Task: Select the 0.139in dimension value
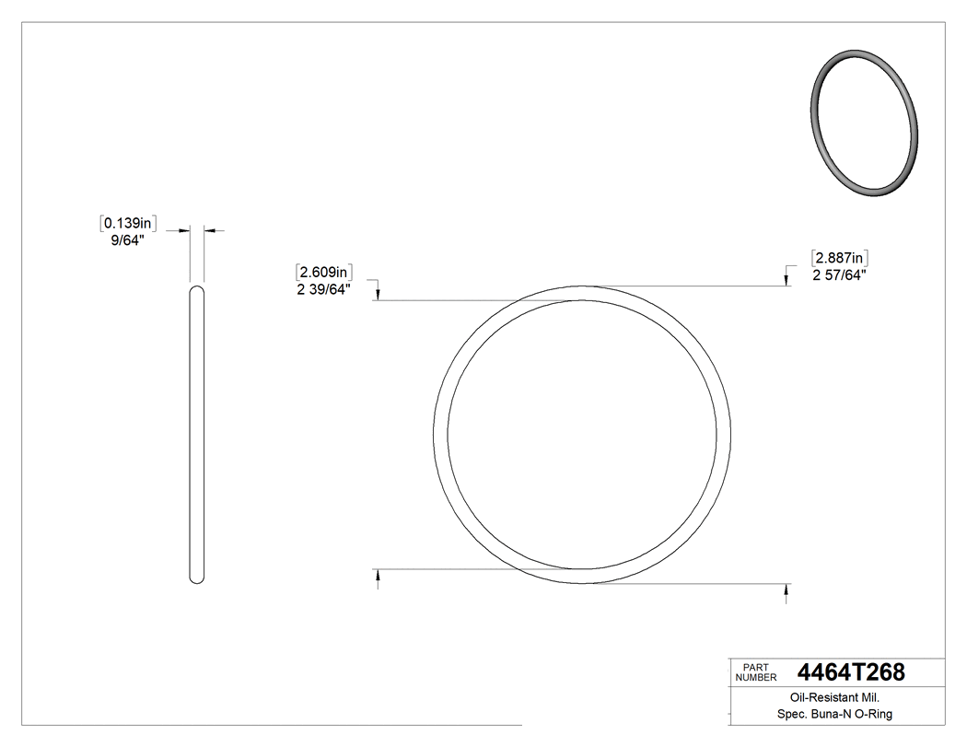(128, 223)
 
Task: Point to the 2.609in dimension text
(325, 272)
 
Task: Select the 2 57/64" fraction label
(839, 274)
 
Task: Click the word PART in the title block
(754, 667)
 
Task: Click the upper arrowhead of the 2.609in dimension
(378, 294)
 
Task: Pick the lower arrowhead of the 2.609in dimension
(378, 575)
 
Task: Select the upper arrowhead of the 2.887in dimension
(786, 280)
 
